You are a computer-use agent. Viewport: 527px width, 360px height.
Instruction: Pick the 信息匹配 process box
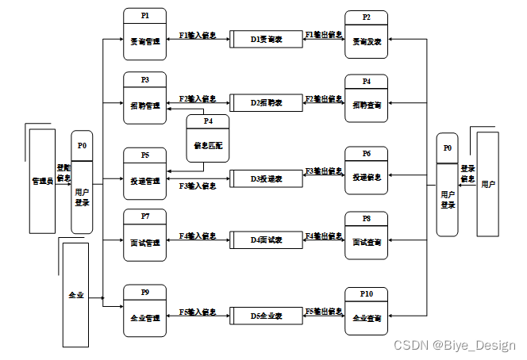[207, 137]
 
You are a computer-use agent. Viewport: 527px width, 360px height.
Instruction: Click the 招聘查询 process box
[366, 98]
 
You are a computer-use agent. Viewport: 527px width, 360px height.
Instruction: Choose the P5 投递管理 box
[144, 170]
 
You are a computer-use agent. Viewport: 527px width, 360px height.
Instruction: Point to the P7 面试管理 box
[144, 233]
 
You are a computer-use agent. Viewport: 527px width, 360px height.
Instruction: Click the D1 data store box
[267, 37]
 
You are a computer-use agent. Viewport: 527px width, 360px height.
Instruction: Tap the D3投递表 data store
[267, 178]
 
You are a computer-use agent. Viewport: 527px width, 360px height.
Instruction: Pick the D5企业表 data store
[267, 316]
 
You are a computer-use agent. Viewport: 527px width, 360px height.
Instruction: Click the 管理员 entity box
[41, 181]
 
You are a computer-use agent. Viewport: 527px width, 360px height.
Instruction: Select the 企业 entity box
[75, 294]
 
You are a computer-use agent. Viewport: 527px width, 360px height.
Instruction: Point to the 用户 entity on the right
[487, 184]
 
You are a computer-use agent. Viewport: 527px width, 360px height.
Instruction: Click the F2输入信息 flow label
[198, 99]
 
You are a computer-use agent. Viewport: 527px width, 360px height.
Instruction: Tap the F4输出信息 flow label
[324, 236]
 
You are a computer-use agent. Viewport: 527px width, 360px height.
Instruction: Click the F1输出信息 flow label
[324, 36]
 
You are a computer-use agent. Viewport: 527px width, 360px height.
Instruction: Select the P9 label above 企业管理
[144, 293]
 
